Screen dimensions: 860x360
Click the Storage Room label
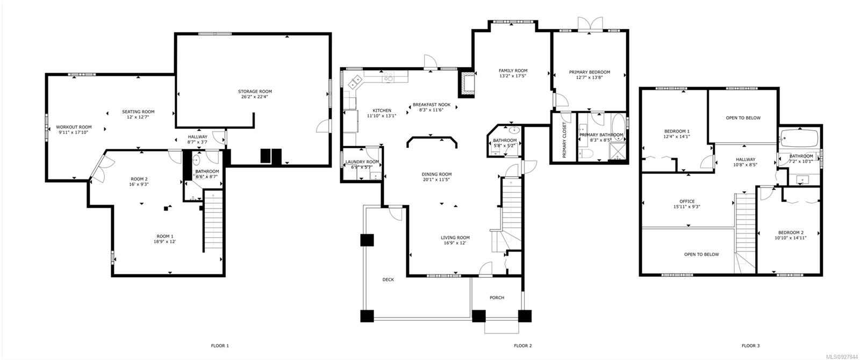point(255,91)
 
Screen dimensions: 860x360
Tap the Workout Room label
point(74,127)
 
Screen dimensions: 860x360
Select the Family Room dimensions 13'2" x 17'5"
point(513,76)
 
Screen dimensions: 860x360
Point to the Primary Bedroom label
point(589,72)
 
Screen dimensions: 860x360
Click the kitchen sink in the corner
point(355,81)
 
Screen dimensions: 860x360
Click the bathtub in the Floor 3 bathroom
point(799,138)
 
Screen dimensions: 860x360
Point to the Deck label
point(388,280)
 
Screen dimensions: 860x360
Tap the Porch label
point(497,298)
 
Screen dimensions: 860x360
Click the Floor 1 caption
point(220,346)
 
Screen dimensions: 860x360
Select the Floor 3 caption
point(750,346)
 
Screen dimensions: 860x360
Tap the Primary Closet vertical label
point(564,140)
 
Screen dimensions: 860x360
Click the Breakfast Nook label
point(432,105)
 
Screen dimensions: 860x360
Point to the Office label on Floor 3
point(687,201)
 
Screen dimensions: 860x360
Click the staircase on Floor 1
point(213,221)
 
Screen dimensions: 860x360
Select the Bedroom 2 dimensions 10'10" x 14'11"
point(790,238)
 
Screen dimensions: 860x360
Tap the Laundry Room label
point(362,162)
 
